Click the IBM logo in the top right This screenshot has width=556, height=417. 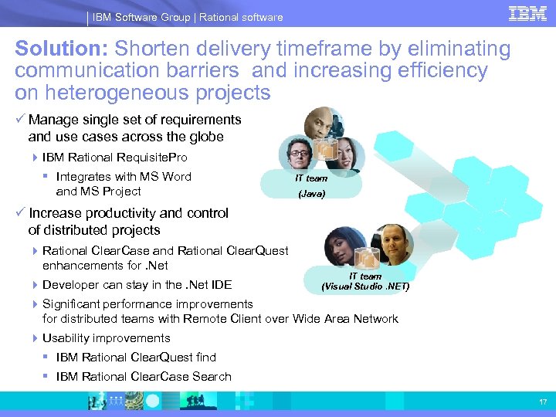point(527,13)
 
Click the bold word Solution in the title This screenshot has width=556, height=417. point(61,49)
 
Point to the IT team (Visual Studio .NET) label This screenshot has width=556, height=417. point(364,281)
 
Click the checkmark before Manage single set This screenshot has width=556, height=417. point(20,120)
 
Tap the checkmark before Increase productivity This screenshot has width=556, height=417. point(20,213)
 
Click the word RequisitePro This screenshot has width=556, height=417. point(154,157)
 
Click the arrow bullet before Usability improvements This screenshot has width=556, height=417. point(36,338)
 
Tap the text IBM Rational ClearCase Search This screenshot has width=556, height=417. point(144,376)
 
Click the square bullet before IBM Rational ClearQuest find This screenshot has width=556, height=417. point(47,358)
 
